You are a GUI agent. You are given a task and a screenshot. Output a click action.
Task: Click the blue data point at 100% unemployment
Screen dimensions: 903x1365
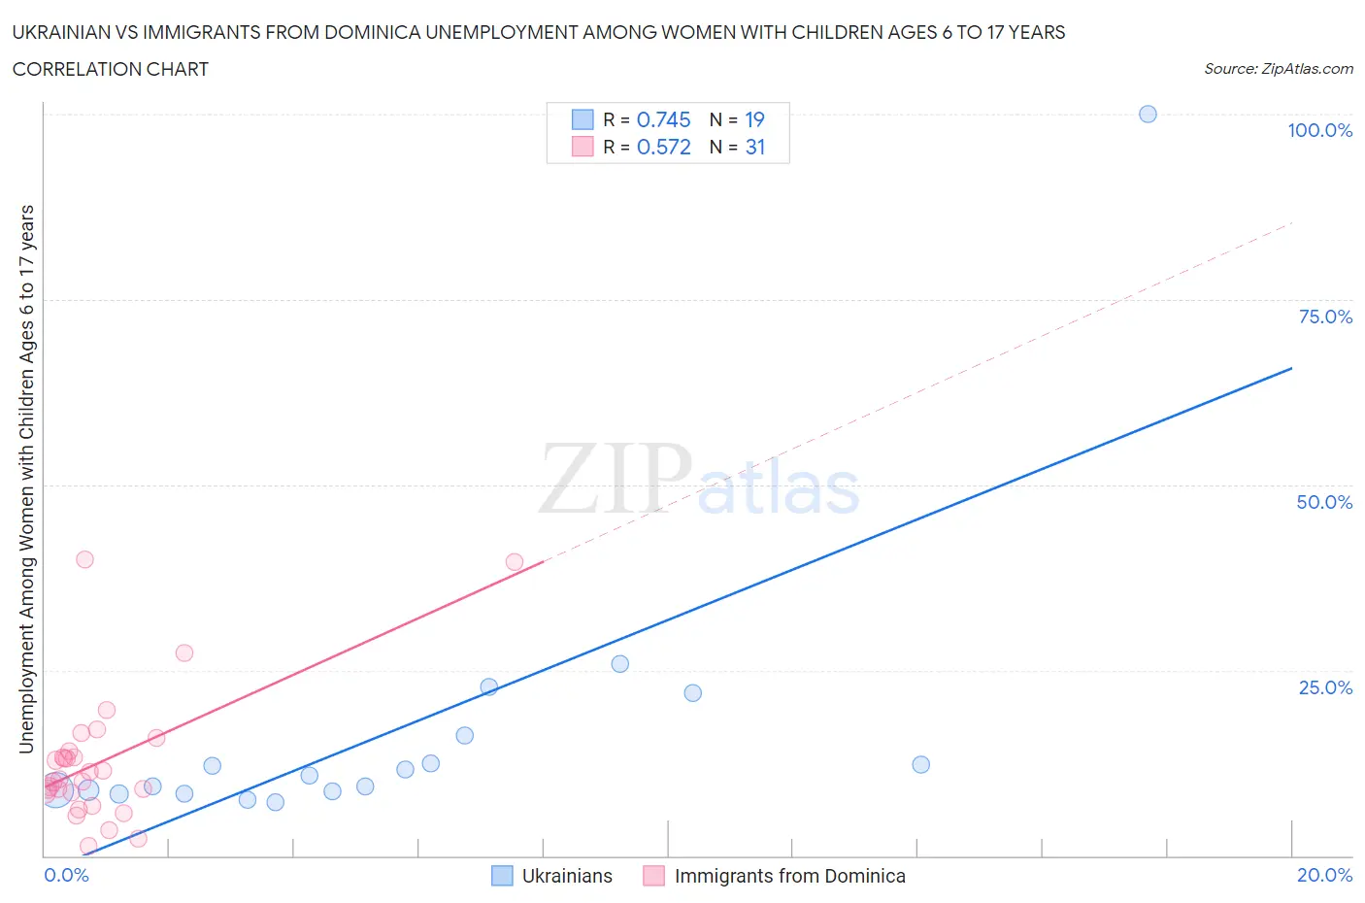1148,114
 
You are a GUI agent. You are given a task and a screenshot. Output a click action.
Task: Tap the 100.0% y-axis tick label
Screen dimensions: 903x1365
1319,130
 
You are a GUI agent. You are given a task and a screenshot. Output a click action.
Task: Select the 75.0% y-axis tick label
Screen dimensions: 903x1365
1325,317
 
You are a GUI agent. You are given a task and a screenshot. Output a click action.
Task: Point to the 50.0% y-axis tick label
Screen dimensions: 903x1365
1324,502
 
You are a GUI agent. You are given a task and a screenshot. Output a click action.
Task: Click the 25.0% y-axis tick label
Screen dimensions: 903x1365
1325,687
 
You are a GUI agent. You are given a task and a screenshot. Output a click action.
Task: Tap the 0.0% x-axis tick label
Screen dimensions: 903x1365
66,875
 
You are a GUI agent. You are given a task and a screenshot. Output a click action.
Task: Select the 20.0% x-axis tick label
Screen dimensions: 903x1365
1324,875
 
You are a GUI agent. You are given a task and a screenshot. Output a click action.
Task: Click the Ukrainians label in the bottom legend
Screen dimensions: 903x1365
567,876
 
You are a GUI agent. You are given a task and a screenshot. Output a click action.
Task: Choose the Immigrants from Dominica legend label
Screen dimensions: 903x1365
789,876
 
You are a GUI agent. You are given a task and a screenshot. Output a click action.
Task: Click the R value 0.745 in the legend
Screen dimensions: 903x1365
663,119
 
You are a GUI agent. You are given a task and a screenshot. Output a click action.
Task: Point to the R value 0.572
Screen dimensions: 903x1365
663,147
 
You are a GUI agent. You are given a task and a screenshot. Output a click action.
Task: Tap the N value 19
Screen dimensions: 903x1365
754,119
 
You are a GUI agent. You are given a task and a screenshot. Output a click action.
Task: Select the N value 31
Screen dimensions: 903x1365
754,147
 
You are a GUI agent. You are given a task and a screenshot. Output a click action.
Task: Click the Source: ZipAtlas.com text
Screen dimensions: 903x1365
1278,69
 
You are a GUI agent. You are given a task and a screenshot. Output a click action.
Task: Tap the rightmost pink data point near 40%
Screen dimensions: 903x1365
515,561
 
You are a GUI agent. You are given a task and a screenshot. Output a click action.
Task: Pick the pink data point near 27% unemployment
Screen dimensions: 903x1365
184,652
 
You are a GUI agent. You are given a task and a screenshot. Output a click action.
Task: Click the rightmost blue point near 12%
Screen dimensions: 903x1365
921,764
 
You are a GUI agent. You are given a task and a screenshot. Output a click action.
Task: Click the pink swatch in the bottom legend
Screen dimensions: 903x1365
653,876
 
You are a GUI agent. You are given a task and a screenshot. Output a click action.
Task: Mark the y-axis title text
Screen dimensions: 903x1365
26,479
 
